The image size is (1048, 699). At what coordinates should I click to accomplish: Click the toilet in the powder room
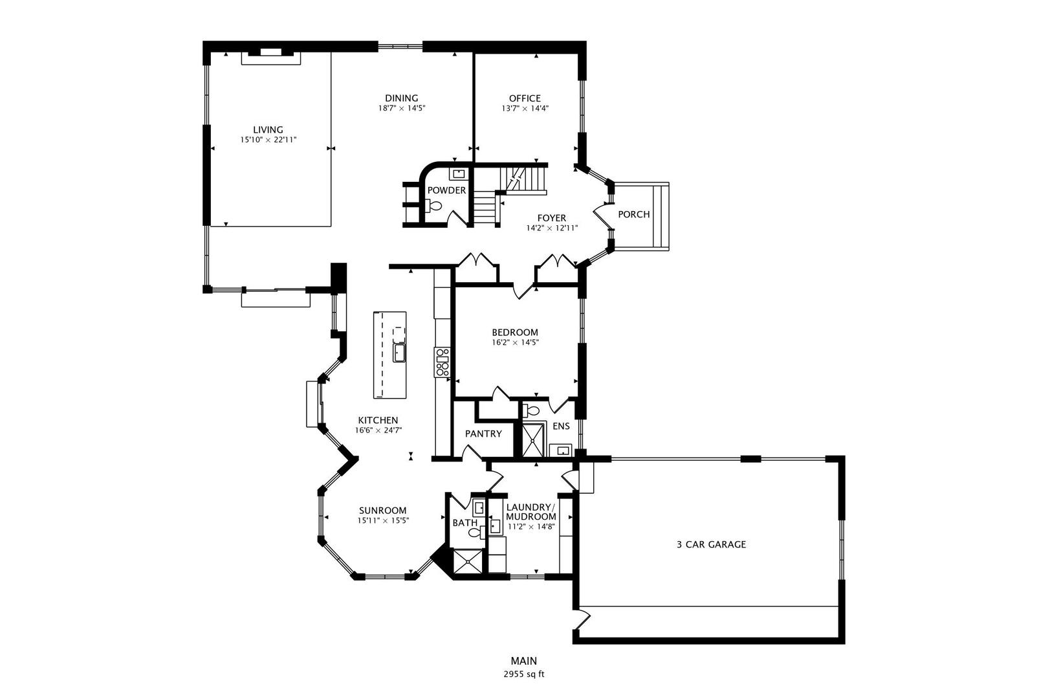coord(435,206)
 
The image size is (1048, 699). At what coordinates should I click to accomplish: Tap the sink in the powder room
coord(458,173)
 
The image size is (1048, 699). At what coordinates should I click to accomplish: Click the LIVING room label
coord(268,129)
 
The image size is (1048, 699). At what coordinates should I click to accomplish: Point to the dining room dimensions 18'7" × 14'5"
coord(401,108)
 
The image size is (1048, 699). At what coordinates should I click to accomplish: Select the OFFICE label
coord(524,98)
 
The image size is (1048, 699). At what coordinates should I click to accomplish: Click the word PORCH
coord(633,214)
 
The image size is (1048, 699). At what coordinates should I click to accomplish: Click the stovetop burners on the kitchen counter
coord(442,362)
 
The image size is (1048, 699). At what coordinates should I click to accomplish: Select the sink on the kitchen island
coord(399,353)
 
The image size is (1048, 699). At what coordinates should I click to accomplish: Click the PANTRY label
coord(483,434)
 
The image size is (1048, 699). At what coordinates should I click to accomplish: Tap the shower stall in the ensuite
coord(534,439)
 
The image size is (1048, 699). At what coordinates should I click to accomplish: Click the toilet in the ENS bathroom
coord(532,410)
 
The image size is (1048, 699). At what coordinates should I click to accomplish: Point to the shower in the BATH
coord(468,561)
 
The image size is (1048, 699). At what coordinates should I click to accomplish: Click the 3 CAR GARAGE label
coord(711,544)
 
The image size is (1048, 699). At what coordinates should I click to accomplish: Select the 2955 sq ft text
coord(524,674)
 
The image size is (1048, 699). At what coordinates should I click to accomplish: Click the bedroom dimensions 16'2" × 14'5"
coord(515,342)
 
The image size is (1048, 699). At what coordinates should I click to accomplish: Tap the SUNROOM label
coord(383,510)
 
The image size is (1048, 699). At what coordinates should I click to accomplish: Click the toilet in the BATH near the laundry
coord(475,533)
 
